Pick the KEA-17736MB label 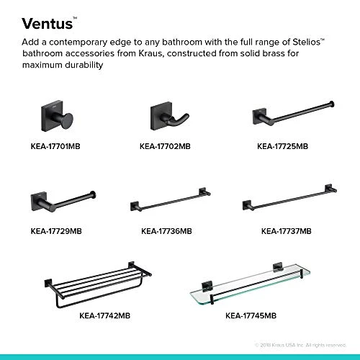tap(166, 232)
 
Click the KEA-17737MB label tap(286, 232)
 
